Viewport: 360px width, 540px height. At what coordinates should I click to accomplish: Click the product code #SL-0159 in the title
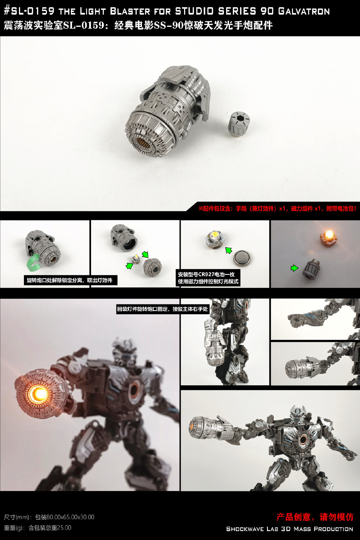coord(29,11)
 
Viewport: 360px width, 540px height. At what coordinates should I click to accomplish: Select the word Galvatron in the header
coord(304,11)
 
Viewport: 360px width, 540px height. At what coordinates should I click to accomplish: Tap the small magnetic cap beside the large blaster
coord(239,124)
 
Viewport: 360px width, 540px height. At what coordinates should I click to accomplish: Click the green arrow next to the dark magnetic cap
coord(294,268)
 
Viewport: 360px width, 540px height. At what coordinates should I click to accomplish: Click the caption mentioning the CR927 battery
coord(208,278)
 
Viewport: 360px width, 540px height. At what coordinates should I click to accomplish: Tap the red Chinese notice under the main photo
coord(277,209)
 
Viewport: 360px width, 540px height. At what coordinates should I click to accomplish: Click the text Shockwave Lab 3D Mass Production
coord(290,529)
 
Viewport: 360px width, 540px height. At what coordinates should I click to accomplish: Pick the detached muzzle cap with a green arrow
coord(152,267)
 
